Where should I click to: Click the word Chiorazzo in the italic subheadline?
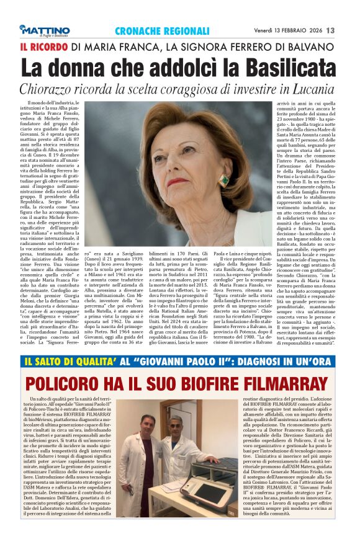[53, 89]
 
